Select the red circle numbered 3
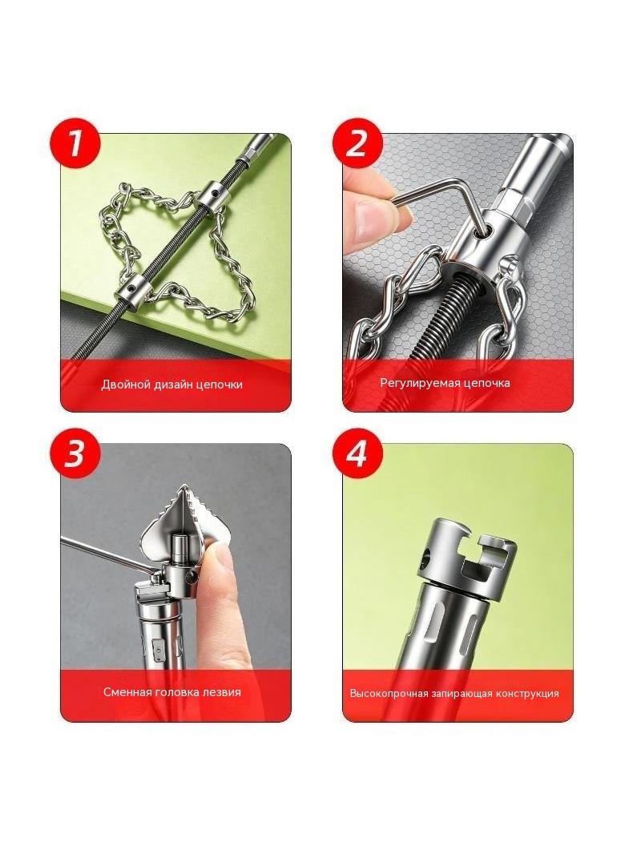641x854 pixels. pyautogui.click(x=75, y=453)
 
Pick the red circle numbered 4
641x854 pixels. pyautogui.click(x=358, y=453)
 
